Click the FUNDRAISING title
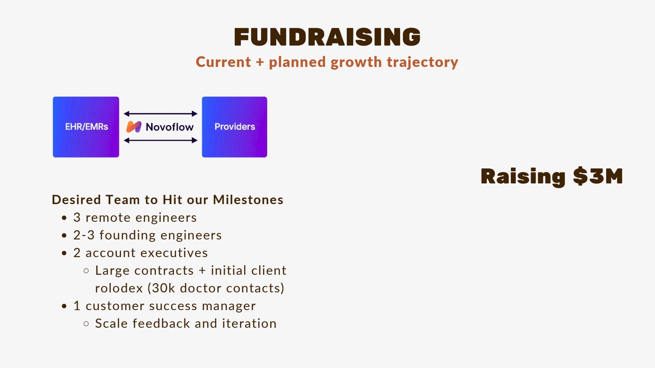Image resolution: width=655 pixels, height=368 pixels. (x=327, y=37)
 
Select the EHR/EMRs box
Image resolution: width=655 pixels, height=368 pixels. (x=86, y=127)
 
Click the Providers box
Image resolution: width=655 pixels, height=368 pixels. (x=234, y=127)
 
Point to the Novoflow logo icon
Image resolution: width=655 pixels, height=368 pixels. (x=134, y=127)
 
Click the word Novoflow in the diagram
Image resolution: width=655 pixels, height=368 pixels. (x=169, y=127)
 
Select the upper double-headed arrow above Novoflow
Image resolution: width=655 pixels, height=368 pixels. (x=160, y=114)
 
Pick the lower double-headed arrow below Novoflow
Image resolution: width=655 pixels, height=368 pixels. (x=160, y=140)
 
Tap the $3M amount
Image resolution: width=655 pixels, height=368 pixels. (x=598, y=176)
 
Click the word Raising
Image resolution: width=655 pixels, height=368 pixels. (x=523, y=177)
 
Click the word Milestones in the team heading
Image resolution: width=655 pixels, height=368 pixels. (x=248, y=200)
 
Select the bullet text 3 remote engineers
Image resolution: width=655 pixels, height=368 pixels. (x=135, y=218)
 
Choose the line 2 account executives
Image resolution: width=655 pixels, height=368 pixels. (x=140, y=253)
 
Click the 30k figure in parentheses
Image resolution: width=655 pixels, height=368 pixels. (x=164, y=288)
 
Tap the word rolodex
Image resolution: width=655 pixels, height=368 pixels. (x=119, y=288)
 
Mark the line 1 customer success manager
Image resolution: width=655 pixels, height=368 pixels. (x=164, y=306)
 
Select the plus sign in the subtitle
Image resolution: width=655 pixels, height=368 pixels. (x=259, y=62)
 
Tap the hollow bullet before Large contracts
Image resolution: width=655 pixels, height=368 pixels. (x=86, y=271)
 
